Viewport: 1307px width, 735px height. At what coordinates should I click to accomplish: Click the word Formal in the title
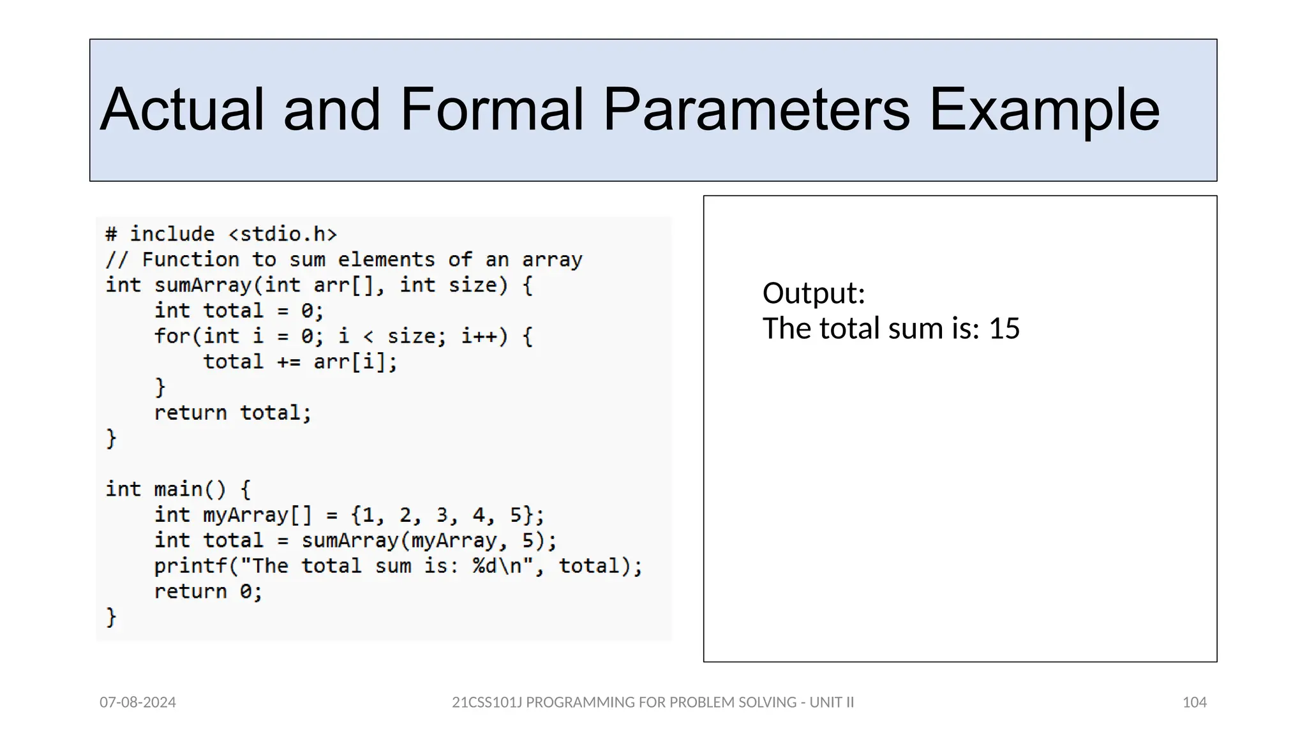[491, 110]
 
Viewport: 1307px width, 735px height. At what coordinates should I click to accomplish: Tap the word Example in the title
[1044, 110]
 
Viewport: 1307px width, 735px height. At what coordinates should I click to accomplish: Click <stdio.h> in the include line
[283, 234]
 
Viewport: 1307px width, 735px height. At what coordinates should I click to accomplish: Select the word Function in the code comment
[190, 260]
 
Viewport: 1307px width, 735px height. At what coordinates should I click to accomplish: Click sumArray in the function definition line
[203, 285]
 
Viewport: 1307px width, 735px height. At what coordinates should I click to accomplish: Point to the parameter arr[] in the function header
[343, 285]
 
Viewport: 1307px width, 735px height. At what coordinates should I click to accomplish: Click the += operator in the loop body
[288, 362]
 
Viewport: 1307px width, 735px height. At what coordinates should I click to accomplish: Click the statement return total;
[232, 413]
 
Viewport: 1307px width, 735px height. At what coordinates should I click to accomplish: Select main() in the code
[190, 489]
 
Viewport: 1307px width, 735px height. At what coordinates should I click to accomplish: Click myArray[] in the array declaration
[257, 515]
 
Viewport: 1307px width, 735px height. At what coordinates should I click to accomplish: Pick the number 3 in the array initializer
[442, 515]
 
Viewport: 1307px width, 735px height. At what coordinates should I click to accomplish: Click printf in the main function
[190, 566]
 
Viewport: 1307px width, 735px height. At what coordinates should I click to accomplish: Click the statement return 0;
[208, 591]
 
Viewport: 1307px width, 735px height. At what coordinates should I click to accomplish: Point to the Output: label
[814, 293]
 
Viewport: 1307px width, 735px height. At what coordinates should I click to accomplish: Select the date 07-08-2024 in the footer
[138, 702]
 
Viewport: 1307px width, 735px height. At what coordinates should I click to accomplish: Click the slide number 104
[1194, 702]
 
